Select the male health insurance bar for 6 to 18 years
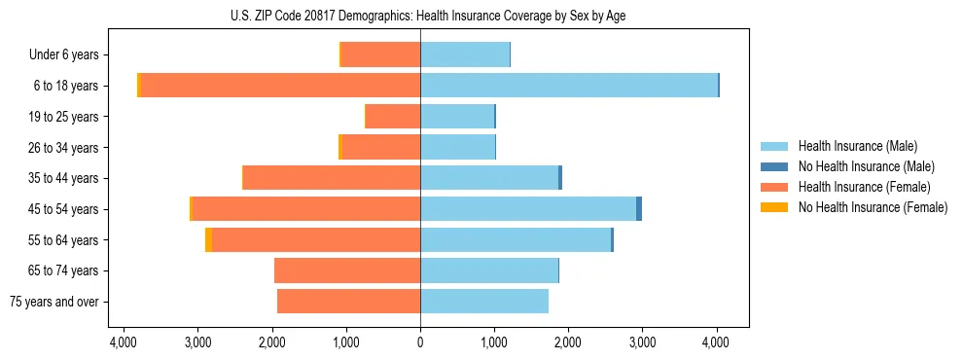[x=568, y=86]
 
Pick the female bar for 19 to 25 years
[x=392, y=117]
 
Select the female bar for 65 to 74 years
[x=347, y=270]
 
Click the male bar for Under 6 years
[x=465, y=54]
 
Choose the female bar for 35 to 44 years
[x=332, y=178]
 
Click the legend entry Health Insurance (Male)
[x=857, y=146]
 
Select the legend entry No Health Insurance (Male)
[x=865, y=166]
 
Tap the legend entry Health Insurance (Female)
[x=864, y=187]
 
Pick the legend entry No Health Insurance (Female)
[x=872, y=207]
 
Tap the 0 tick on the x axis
[x=420, y=342]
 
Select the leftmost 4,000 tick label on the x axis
[x=124, y=342]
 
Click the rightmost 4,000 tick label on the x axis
[x=717, y=342]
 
